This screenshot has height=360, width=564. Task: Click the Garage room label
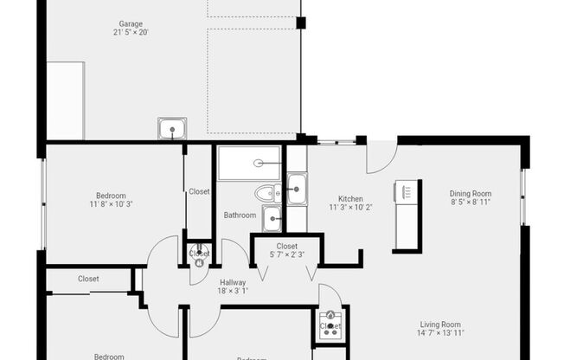coord(131,23)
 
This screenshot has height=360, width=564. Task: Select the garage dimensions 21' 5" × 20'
coord(131,33)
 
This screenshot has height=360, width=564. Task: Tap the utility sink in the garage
coord(171,130)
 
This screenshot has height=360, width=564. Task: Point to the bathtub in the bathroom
coord(249,163)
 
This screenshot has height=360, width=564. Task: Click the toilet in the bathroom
coord(266,193)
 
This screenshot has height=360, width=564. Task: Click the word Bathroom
coord(240,215)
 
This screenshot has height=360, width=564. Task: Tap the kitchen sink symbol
coord(297,188)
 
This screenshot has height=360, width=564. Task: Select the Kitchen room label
coord(350,198)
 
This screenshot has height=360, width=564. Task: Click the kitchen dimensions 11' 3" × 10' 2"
coord(350,208)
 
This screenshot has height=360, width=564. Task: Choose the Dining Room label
coord(471,193)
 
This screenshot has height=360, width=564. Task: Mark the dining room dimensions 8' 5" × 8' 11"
coord(471,202)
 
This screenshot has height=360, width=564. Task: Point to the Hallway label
coord(233,282)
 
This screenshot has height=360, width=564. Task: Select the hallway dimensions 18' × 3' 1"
coord(233,292)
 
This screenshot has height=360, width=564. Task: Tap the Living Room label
coord(440,323)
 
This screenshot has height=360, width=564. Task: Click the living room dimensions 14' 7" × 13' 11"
coord(440,332)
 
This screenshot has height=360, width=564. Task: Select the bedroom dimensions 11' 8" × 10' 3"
coord(111,204)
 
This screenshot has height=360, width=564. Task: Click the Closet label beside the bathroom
coord(199,191)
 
